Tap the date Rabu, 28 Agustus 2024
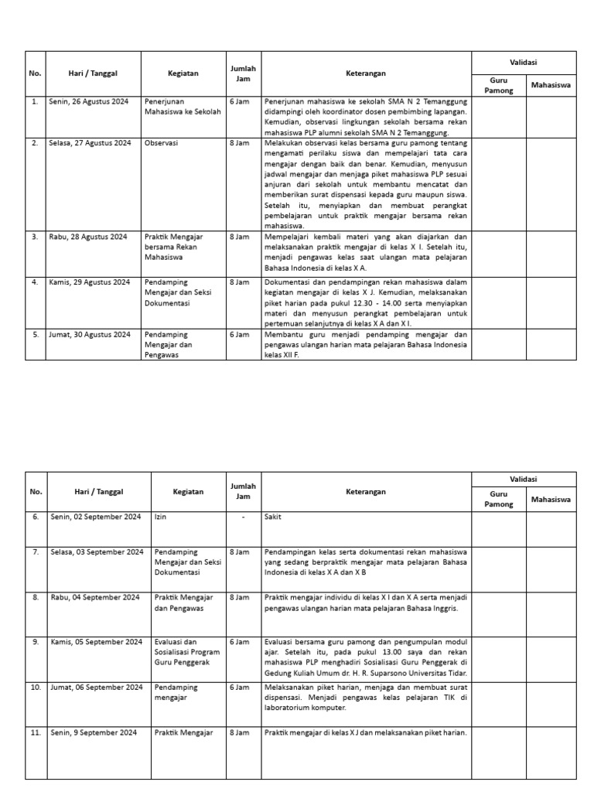[87, 236]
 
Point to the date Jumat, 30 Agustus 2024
[90, 334]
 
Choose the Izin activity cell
[160, 517]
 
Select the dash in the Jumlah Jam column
[243, 517]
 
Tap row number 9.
[36, 642]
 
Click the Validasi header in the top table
[524, 62]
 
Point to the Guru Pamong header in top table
[498, 85]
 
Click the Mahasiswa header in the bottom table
[551, 500]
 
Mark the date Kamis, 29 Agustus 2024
[89, 282]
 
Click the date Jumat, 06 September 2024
[96, 687]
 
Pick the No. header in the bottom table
[36, 491]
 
